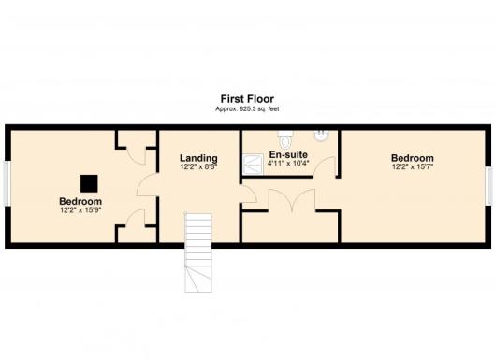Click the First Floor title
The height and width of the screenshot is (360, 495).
point(247,99)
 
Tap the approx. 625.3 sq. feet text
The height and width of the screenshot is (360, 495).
point(247,109)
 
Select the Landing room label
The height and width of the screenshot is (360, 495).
point(198,158)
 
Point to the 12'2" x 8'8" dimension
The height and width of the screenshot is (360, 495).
point(198,166)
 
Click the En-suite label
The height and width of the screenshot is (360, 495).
point(288,154)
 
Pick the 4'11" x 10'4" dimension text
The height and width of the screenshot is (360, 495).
point(288,163)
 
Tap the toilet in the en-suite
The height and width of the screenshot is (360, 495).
point(286,139)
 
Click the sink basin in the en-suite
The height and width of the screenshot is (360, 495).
point(321,136)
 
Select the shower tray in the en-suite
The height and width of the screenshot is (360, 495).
point(253,164)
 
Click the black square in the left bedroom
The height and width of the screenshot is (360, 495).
point(89,183)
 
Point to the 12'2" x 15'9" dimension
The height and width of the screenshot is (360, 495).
point(80,210)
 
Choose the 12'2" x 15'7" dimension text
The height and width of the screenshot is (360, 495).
point(413,166)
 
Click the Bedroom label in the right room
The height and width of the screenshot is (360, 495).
point(413,158)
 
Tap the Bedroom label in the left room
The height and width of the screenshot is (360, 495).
point(80,201)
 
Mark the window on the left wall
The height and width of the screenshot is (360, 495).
point(7,184)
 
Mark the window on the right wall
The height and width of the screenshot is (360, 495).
point(489,186)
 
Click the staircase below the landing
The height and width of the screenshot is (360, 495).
point(198,252)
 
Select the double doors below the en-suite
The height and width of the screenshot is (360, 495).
point(292,200)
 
